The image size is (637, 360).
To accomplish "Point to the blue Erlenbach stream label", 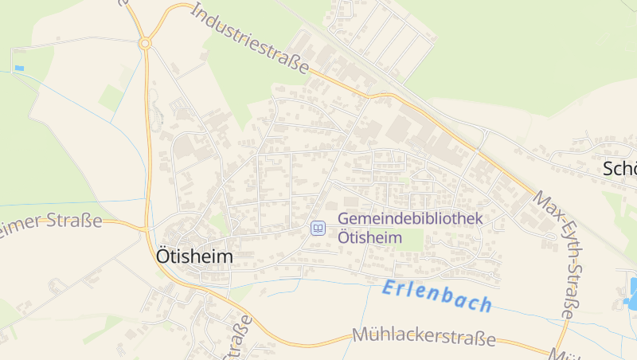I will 436,296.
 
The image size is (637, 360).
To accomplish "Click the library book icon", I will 317,229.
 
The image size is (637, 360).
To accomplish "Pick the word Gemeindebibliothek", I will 410,219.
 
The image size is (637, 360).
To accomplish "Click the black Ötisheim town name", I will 194,256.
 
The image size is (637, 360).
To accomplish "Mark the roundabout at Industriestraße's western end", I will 145,43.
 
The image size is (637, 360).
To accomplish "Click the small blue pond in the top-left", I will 19,68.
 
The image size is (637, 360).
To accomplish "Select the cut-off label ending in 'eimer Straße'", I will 51,221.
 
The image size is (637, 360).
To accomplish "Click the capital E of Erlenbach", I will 389,288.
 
